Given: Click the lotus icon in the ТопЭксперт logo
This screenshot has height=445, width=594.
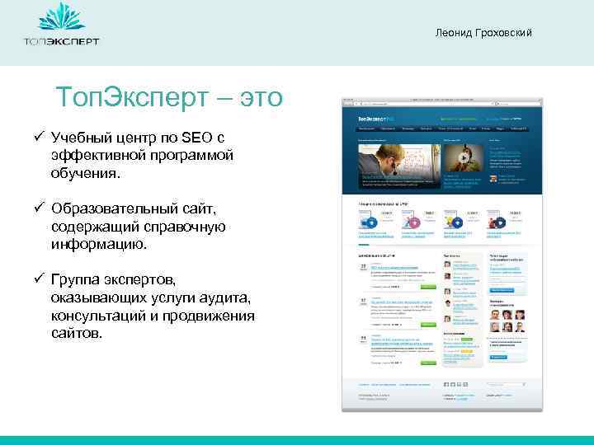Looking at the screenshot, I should pyautogui.click(x=61, y=19).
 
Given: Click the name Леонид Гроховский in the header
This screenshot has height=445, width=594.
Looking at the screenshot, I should pyautogui.click(x=486, y=32).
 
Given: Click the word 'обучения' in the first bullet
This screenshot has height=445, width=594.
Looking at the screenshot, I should pyautogui.click(x=85, y=174).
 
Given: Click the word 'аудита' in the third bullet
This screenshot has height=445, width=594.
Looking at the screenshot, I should pyautogui.click(x=224, y=297).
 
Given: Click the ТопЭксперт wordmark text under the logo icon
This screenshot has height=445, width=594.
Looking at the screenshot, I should pyautogui.click(x=61, y=41).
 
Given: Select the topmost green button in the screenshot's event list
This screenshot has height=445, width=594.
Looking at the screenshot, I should pyautogui.click(x=427, y=288).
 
